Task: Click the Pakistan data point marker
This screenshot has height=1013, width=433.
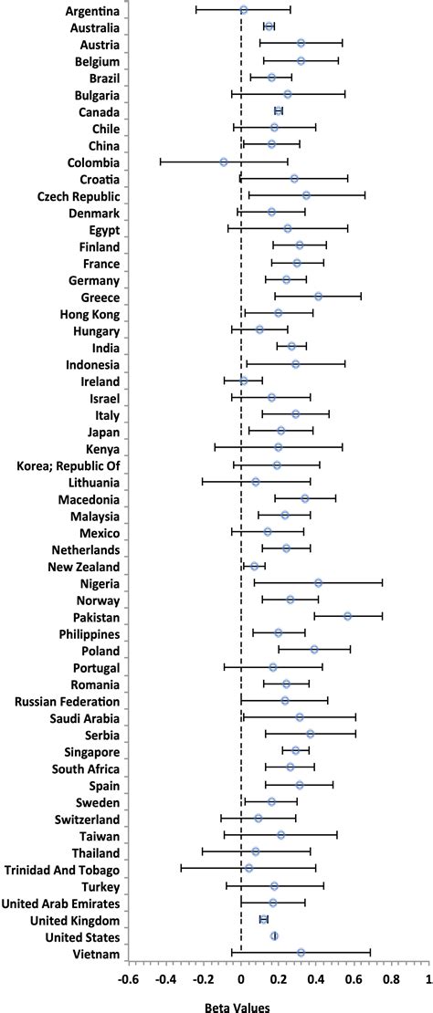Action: [x=348, y=616]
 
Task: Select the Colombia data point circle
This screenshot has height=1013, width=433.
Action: [x=224, y=162]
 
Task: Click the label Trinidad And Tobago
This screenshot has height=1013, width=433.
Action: [x=62, y=868]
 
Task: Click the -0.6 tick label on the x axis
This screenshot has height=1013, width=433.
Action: [x=128, y=980]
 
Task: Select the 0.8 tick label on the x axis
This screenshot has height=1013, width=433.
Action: [x=391, y=980]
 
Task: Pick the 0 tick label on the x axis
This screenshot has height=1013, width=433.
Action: [x=241, y=980]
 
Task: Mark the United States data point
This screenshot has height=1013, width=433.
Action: [x=274, y=935]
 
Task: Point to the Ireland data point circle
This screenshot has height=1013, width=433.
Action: [x=244, y=381]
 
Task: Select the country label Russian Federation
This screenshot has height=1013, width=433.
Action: [x=67, y=700]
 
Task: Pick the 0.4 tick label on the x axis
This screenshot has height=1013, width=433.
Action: [x=316, y=980]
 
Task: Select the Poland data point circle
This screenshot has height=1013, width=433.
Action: [x=314, y=650]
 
